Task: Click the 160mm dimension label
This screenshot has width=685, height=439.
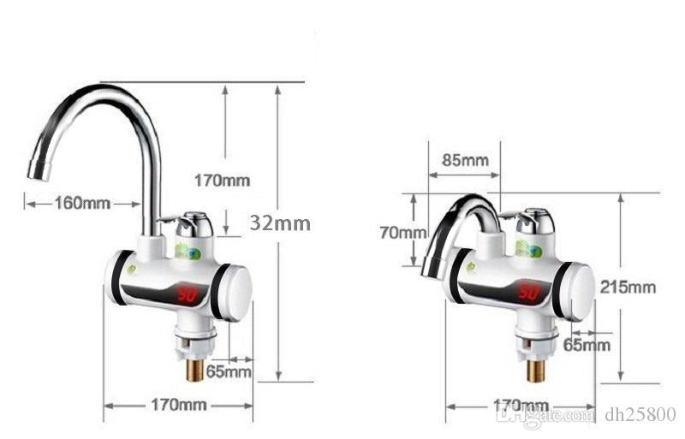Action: (x=83, y=203)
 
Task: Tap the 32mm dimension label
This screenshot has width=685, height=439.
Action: (x=280, y=222)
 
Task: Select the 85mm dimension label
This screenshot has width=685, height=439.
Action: (x=465, y=160)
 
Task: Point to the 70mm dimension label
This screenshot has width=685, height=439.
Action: (x=403, y=232)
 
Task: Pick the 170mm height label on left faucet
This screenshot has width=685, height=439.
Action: (x=222, y=181)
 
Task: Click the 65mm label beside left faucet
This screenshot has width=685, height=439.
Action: (x=229, y=371)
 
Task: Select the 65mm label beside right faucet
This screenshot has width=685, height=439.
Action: (x=587, y=345)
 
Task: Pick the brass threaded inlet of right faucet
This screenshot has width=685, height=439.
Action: (x=536, y=371)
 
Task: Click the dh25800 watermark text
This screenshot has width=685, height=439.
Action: (x=643, y=415)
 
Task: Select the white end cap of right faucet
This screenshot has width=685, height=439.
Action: (x=580, y=290)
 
